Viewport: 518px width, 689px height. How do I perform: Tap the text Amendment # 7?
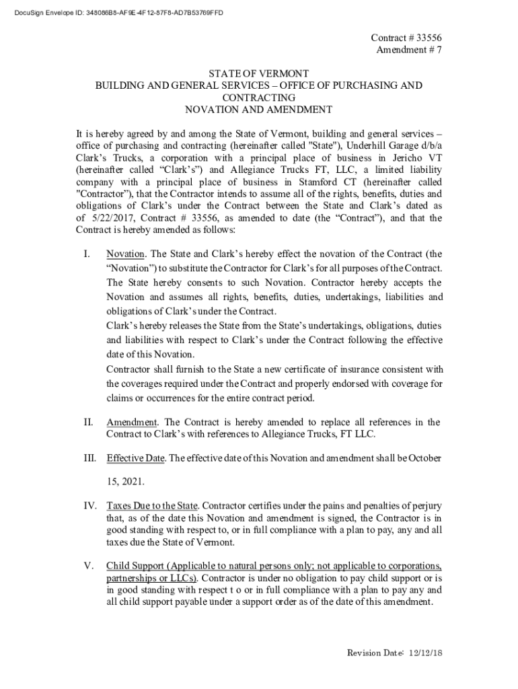click(408, 51)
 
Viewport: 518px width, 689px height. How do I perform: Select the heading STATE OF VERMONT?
click(258, 73)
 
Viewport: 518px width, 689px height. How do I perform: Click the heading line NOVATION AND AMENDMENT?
click(258, 109)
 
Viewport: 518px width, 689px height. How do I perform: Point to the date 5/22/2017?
click(108, 218)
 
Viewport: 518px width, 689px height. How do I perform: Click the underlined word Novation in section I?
click(126, 254)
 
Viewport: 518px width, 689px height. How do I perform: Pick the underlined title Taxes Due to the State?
click(152, 505)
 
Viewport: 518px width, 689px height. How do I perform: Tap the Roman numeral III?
click(90, 458)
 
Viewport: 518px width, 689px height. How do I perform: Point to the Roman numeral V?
click(87, 566)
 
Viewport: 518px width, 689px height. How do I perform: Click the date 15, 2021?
click(125, 482)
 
